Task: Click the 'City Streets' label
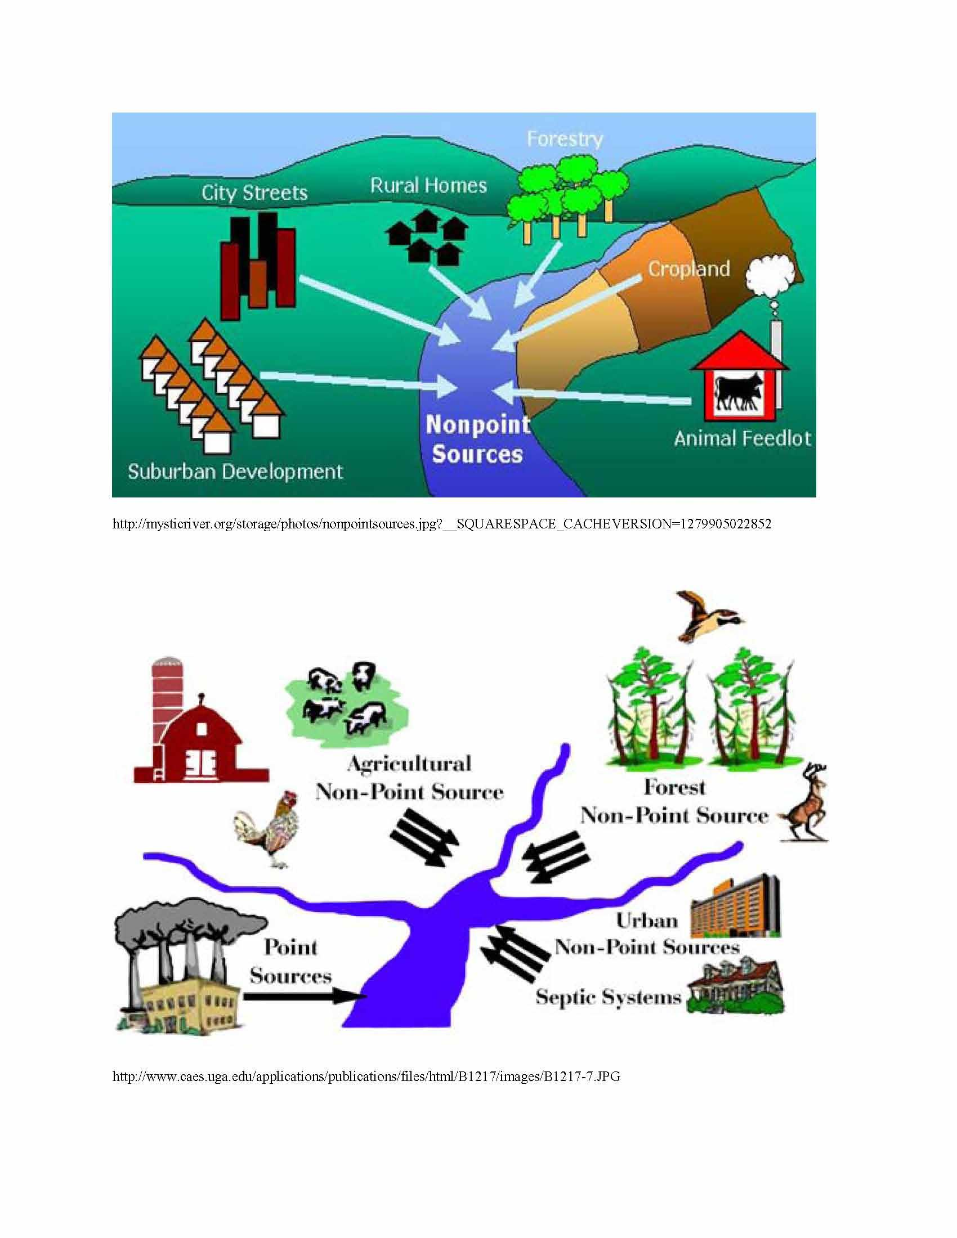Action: (254, 192)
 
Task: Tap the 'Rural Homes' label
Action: (428, 185)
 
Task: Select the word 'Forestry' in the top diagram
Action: (565, 139)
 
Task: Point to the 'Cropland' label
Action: (689, 268)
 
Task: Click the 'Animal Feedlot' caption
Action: (742, 439)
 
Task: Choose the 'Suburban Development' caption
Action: (235, 472)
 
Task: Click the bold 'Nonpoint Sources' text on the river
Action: (477, 440)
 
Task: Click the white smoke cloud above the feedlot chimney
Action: (770, 277)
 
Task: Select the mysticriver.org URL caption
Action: (442, 524)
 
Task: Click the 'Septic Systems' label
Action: (609, 997)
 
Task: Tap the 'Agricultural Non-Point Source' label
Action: (409, 778)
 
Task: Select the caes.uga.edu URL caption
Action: (366, 1076)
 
